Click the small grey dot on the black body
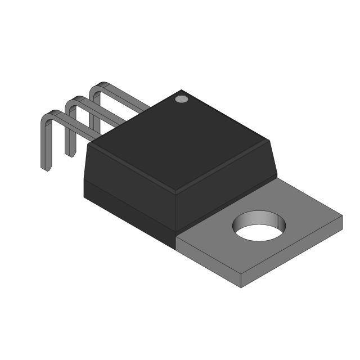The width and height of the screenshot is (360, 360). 181,100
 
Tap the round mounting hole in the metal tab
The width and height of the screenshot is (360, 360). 260,227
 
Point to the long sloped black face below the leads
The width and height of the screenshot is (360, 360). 129,169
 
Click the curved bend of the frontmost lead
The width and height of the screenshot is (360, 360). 49,116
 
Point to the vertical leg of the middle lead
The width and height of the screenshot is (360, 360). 69,132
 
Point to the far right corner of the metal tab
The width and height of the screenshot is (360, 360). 342,217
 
